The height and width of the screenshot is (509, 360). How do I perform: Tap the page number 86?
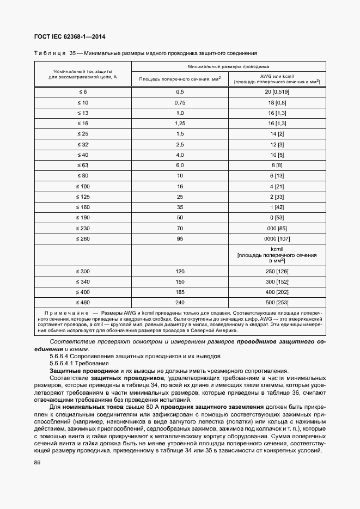[x=38, y=463]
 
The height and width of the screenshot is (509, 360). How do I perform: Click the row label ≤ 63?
[x=83, y=165]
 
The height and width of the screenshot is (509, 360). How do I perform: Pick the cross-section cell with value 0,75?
[x=180, y=102]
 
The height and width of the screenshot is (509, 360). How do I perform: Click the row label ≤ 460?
[x=83, y=302]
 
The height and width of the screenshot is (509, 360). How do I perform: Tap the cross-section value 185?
[x=180, y=291]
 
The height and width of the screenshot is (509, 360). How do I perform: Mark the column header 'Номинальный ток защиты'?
[x=83, y=71]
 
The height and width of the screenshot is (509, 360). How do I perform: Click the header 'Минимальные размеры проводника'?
[x=229, y=66]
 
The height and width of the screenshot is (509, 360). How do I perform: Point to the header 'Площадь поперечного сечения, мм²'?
[x=180, y=78]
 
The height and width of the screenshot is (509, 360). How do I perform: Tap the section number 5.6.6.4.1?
[x=65, y=363]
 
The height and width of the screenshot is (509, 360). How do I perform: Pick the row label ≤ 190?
[x=83, y=217]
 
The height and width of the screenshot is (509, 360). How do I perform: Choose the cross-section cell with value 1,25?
[x=180, y=123]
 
